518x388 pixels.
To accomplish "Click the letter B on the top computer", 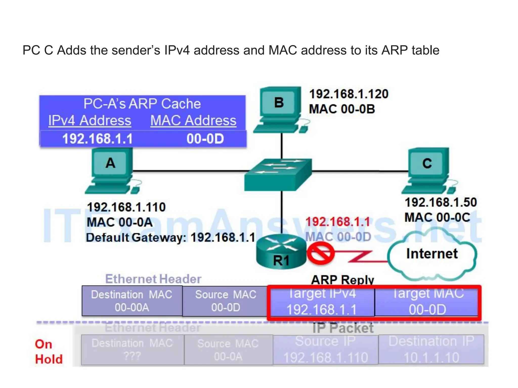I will tap(279, 103).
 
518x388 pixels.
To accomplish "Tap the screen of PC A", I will tap(111, 163).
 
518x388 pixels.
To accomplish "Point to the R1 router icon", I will tap(281, 251).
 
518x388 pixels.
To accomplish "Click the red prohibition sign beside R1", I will tap(320, 253).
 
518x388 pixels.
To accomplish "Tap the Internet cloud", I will tap(432, 254).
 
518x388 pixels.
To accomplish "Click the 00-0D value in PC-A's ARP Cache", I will tap(205, 139).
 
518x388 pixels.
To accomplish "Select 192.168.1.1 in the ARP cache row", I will tap(97, 139).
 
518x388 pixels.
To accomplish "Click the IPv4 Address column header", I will tap(90, 120).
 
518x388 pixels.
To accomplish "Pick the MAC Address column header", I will tap(193, 120).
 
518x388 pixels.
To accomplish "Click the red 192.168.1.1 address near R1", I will tap(338, 222).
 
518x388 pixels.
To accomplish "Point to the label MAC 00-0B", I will tap(342, 109).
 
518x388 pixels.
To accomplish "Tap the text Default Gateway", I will tap(136, 237).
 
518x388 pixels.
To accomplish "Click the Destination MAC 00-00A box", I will tap(132, 301).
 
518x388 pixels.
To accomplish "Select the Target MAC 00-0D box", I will tap(427, 302).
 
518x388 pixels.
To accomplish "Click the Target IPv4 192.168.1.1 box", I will tap(321, 302).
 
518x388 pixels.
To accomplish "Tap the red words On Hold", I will tap(49, 352).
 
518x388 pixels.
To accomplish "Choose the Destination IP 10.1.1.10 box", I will tap(431, 350).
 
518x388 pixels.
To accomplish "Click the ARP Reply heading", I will tap(342, 280).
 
